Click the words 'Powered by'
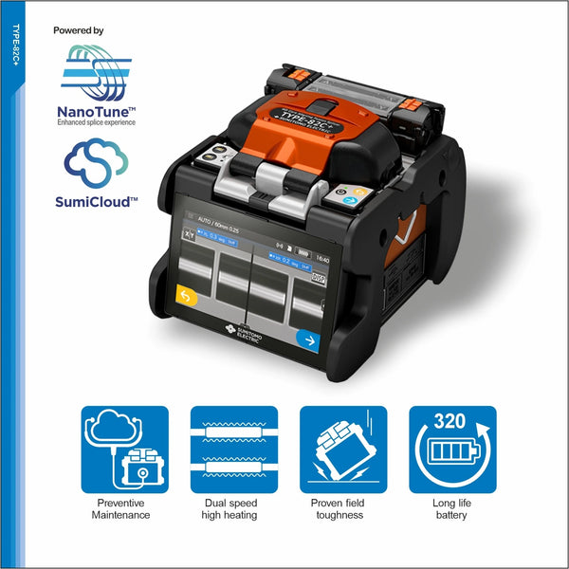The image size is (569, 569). click(x=78, y=31)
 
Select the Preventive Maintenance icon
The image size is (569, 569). click(x=124, y=450)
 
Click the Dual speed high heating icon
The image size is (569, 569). click(x=233, y=450)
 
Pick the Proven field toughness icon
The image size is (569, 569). click(x=342, y=450)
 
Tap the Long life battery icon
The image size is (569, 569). click(x=452, y=450)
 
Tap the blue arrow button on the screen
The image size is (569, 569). click(x=306, y=339)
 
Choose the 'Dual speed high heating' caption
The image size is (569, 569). click(x=233, y=508)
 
